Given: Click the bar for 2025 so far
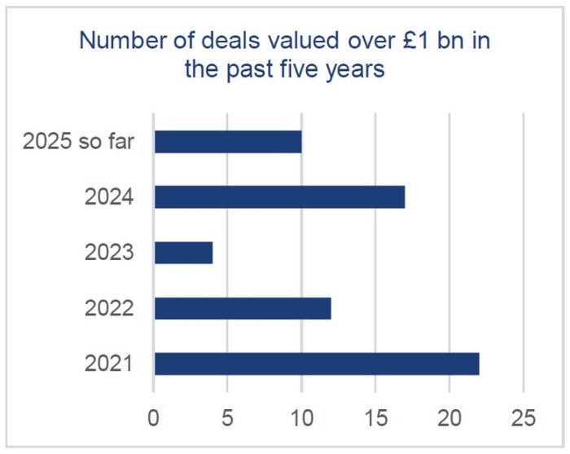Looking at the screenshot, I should (x=228, y=141).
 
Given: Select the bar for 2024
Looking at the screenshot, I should (x=279, y=196).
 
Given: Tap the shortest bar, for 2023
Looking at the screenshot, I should (x=183, y=253).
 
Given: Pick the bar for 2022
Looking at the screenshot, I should (x=243, y=308).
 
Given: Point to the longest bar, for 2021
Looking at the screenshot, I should (x=317, y=364).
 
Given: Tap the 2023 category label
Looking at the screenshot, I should (x=108, y=253).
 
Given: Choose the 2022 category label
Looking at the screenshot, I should (x=108, y=308).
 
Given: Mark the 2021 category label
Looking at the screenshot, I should (x=108, y=364).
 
